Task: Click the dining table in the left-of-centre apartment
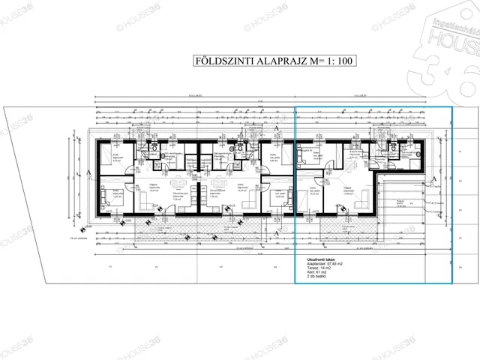(x=178, y=184)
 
